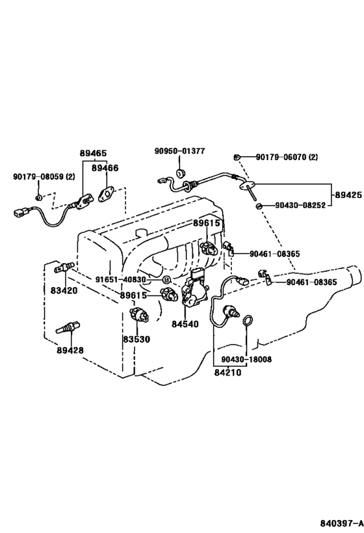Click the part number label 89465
[x=94, y=154]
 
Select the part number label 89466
[x=105, y=168]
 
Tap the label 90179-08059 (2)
[x=44, y=177]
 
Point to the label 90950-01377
[x=179, y=150]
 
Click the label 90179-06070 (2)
[x=287, y=157]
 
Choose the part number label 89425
[x=348, y=195]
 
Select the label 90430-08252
[x=300, y=205]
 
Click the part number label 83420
[x=64, y=291]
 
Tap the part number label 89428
[x=70, y=349]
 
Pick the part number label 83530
[x=136, y=339]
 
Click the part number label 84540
[x=185, y=324]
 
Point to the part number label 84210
[x=227, y=372]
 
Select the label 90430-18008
[x=246, y=359]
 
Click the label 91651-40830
[x=120, y=280]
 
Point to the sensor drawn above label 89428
[x=68, y=327]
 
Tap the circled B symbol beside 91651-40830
[x=166, y=280]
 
